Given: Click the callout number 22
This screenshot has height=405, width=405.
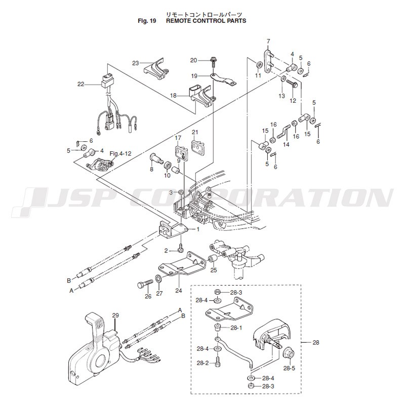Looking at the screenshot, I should (x=81, y=84).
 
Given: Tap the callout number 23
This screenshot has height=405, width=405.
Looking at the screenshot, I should (x=135, y=63).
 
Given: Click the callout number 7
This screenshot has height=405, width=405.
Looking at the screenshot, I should (x=268, y=41).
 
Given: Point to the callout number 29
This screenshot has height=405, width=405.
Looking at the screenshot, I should (x=115, y=316).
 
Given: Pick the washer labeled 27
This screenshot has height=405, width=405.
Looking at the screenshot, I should (x=158, y=279).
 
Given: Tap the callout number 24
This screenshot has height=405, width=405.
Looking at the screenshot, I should (x=178, y=291).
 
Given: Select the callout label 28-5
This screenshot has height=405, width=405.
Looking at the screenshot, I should (x=289, y=369).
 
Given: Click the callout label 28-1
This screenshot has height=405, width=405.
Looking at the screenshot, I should (x=236, y=328).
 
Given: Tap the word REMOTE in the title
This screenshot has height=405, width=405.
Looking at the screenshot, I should (x=181, y=22).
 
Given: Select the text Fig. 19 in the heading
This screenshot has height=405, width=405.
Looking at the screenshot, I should (x=147, y=22).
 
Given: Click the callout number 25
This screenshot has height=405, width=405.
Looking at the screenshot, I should (x=214, y=270).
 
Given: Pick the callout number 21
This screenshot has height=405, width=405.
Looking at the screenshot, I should (x=194, y=132).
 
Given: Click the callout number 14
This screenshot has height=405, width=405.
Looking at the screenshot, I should (x=286, y=144).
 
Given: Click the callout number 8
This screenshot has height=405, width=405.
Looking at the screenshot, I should (x=151, y=169).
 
